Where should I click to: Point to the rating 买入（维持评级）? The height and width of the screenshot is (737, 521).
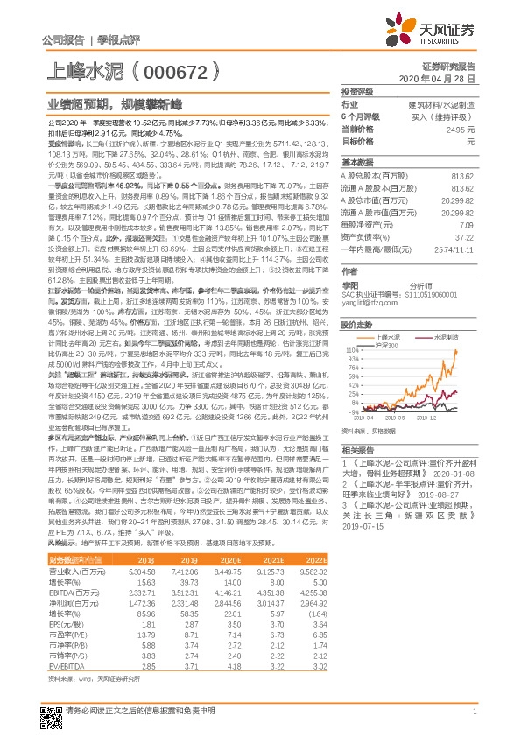(x=437, y=116)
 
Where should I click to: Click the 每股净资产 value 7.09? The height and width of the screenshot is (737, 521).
(x=466, y=225)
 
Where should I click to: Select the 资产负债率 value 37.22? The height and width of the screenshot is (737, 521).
(x=464, y=236)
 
